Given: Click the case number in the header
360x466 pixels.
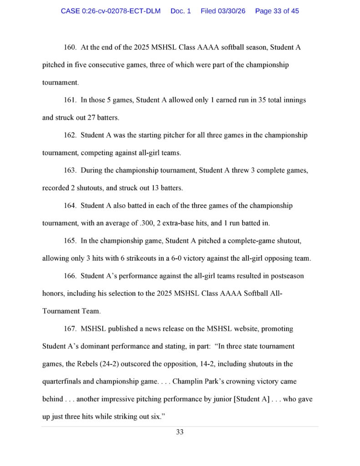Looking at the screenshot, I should [x=111, y=11].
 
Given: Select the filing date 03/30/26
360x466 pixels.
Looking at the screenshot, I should [x=223, y=11].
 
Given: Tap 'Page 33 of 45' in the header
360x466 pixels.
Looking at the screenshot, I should [x=277, y=11].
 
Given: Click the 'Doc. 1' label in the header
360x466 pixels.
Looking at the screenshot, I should [x=181, y=11].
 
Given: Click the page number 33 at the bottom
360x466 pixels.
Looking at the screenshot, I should [x=180, y=432].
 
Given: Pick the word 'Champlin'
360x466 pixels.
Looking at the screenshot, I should [x=195, y=381].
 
